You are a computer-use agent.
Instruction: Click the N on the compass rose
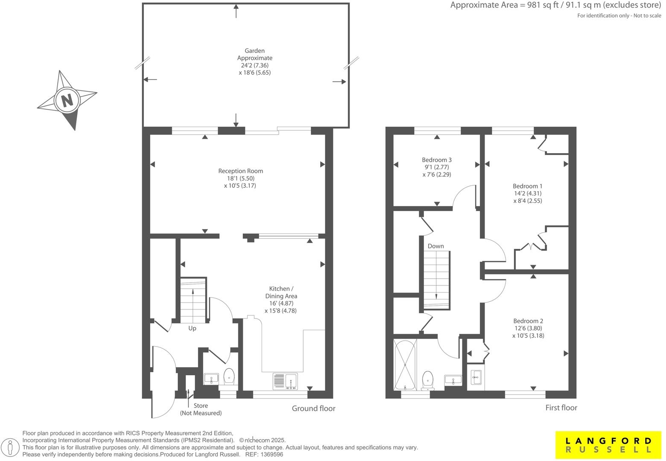pyautogui.click(x=67, y=101)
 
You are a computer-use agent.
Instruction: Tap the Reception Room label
pyautogui.click(x=240, y=171)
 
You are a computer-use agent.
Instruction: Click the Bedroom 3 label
pyautogui.click(x=437, y=160)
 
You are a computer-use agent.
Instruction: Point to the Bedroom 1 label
pyautogui.click(x=527, y=186)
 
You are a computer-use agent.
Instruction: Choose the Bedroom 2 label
pyautogui.click(x=528, y=321)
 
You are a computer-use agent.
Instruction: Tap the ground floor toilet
pyautogui.click(x=229, y=377)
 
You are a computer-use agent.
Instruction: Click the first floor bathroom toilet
pyautogui.click(x=427, y=380)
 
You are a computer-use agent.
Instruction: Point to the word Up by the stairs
pyautogui.click(x=192, y=328)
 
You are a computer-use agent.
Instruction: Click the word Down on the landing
pyautogui.click(x=435, y=246)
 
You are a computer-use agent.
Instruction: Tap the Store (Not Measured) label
pyautogui.click(x=201, y=409)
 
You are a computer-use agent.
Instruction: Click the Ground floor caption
pyautogui.click(x=313, y=408)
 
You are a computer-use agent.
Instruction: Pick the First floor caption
pyautogui.click(x=561, y=408)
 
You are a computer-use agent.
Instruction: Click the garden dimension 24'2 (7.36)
pyautogui.click(x=254, y=65)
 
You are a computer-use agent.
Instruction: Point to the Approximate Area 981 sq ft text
pyautogui.click(x=555, y=6)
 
